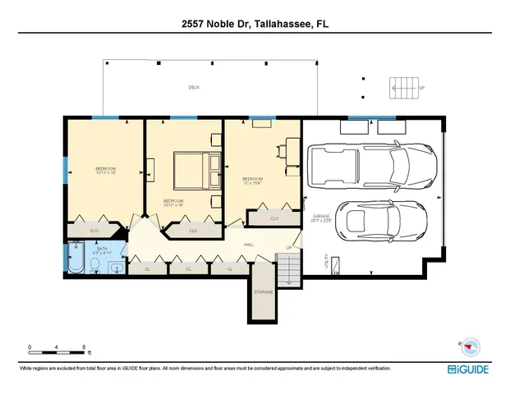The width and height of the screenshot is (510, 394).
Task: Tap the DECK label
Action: click(x=194, y=88)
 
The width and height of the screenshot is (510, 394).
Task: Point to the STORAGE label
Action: click(x=263, y=291)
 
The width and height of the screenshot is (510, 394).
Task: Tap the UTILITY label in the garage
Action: click(x=327, y=259)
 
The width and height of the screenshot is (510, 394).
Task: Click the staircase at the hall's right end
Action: click(x=287, y=269)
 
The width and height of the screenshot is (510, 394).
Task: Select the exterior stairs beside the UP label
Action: click(x=403, y=87)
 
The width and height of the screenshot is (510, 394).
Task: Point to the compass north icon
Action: click(x=471, y=346)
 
